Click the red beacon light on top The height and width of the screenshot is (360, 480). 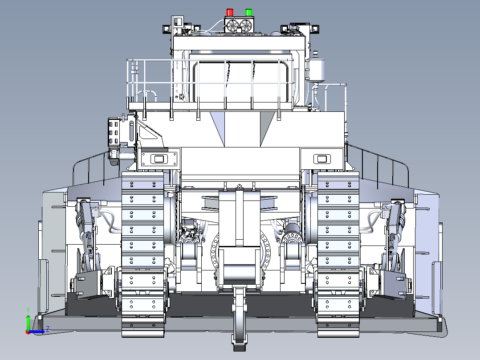230,12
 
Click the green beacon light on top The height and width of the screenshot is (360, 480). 248,12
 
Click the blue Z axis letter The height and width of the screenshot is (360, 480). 48,330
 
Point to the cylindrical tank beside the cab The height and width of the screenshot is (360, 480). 316,68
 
